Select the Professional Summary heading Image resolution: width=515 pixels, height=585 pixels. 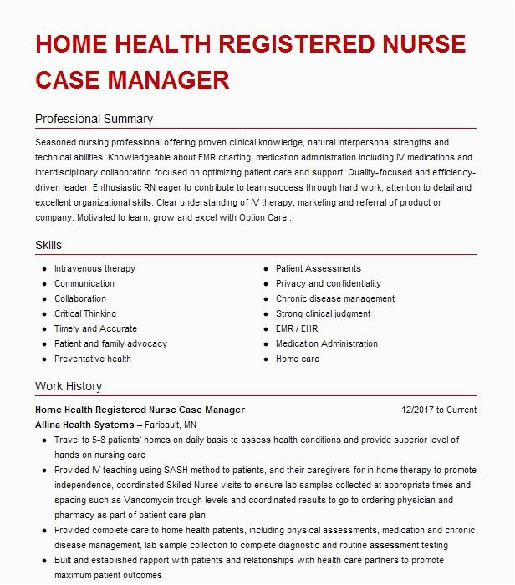pos(94,119)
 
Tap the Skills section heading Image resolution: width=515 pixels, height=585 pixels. pos(48,245)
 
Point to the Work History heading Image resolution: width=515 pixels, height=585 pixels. pos(69,386)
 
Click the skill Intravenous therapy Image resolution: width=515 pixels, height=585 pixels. pos(94,269)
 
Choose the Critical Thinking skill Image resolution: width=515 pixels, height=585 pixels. pos(85,314)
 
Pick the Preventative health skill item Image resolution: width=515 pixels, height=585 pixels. pos(93,359)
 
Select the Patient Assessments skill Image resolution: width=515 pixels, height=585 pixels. pos(319,269)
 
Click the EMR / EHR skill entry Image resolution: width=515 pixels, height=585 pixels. pos(297,329)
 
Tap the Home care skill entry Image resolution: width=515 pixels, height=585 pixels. pos(298,359)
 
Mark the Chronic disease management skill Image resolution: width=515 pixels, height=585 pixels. pos(335,299)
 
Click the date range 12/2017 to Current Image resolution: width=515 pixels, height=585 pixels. pos(439,410)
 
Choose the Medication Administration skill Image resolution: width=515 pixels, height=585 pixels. pos(327,344)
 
